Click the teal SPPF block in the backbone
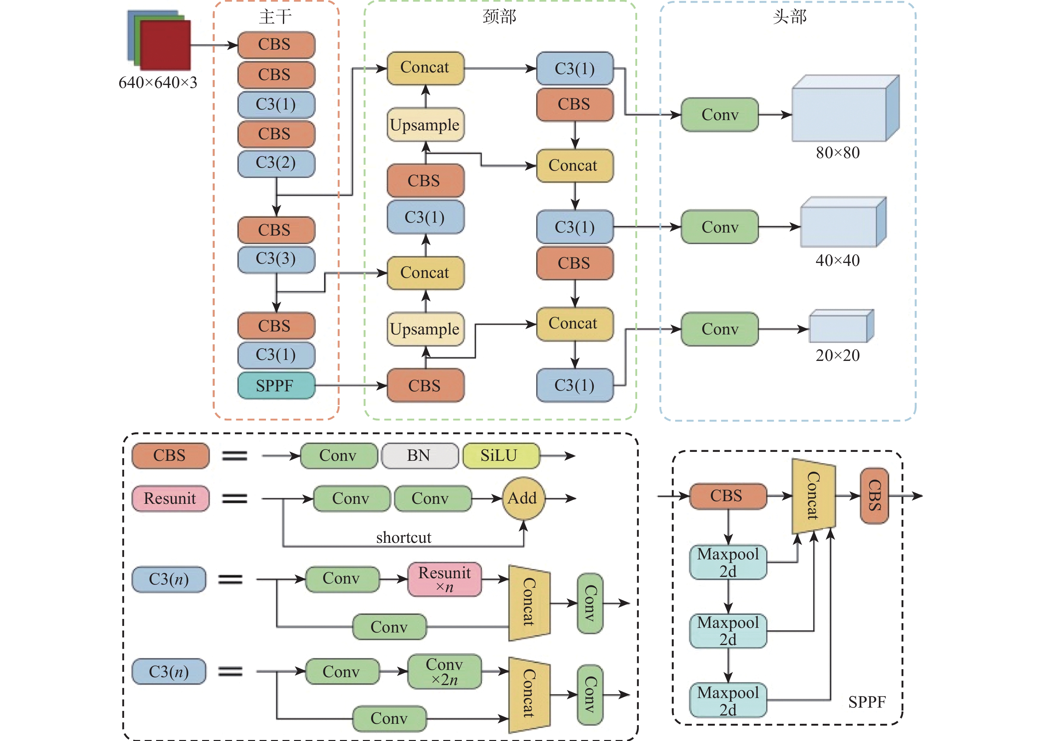pyautogui.click(x=276, y=386)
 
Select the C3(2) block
pyautogui.click(x=276, y=163)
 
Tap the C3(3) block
pyautogui.click(x=276, y=259)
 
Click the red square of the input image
pyautogui.click(x=165, y=45)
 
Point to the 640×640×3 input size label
pyautogui.click(x=158, y=83)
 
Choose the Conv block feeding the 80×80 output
pyautogui.click(x=719, y=114)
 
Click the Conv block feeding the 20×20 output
pyautogui.click(x=719, y=329)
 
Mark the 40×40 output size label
pyautogui.click(x=837, y=261)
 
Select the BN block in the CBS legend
pyautogui.click(x=419, y=456)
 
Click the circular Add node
pyautogui.click(x=523, y=498)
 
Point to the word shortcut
pyautogui.click(x=403, y=538)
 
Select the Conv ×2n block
pyautogui.click(x=444, y=672)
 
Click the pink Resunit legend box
pyautogui.click(x=170, y=498)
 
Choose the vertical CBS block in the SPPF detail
pyautogui.click(x=874, y=496)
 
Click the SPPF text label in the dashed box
pyautogui.click(x=866, y=702)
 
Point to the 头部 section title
pyautogui.click(x=789, y=17)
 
